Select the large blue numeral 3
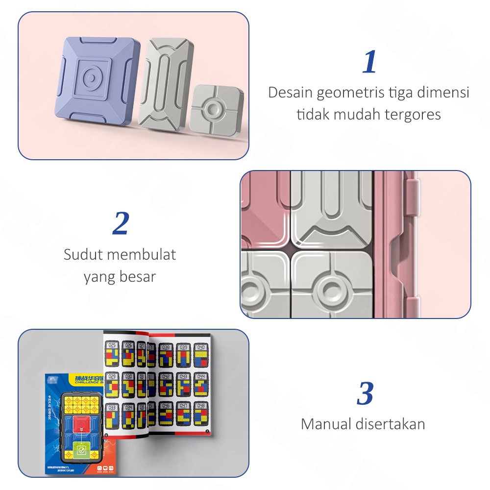coord(365,393)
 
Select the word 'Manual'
coord(326,423)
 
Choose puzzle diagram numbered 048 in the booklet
coord(200,413)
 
